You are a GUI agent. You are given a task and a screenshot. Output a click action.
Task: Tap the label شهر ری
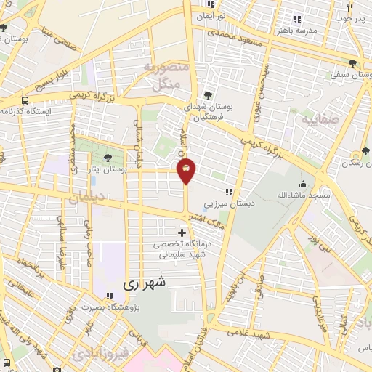[145, 282]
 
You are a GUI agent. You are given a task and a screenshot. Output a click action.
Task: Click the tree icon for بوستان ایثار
[108, 157]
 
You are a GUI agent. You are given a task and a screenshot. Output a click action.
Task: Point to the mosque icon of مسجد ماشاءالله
[303, 185]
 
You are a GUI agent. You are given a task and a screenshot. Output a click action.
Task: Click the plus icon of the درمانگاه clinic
[182, 232]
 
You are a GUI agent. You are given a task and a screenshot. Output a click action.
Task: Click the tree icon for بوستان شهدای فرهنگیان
[208, 95]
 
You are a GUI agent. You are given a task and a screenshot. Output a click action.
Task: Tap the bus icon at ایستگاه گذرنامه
[26, 100]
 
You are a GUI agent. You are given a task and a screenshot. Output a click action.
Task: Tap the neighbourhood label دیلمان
[86, 196]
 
